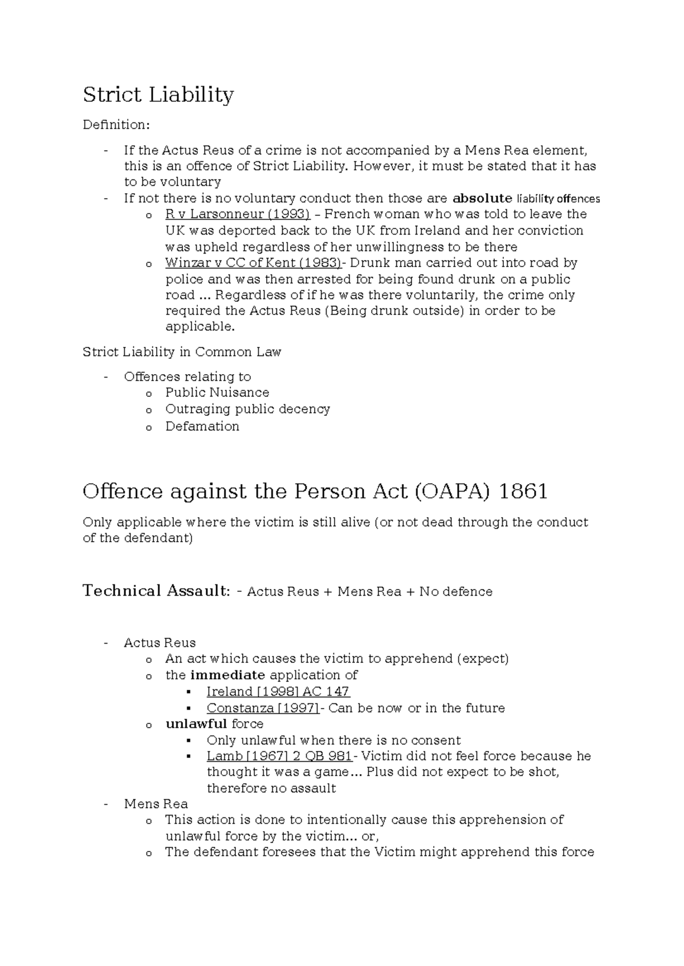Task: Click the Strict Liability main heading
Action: click(x=158, y=95)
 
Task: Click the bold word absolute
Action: click(x=482, y=198)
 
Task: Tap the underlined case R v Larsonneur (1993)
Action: click(x=237, y=214)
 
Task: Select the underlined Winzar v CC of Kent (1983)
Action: click(x=253, y=263)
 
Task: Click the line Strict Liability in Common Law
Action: click(x=182, y=352)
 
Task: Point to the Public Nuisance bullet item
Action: click(x=217, y=392)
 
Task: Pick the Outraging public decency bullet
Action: click(x=247, y=409)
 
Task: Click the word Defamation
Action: click(x=202, y=426)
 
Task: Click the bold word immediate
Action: click(x=227, y=675)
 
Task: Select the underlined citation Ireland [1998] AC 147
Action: click(x=278, y=691)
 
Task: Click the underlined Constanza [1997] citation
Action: click(x=263, y=708)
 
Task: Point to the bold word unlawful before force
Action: click(x=196, y=724)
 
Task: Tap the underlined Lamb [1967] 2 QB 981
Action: click(x=279, y=756)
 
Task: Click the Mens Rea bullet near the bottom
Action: click(x=156, y=804)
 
